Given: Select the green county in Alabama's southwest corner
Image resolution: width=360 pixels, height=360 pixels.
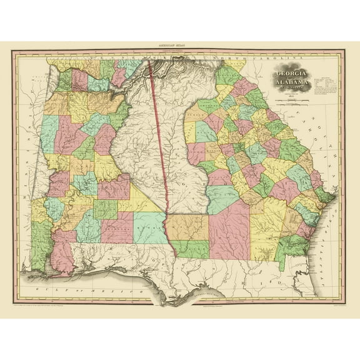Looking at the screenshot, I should click(x=42, y=244).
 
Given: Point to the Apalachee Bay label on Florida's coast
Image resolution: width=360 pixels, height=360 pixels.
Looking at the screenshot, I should click(x=209, y=292).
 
